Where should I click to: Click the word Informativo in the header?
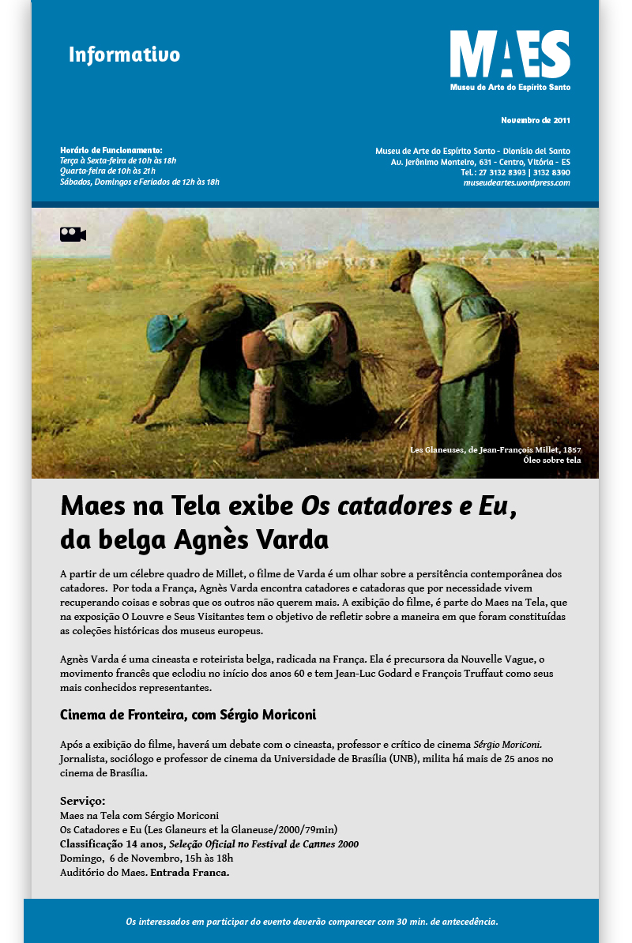[x=124, y=55]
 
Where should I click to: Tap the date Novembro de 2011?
[x=535, y=121]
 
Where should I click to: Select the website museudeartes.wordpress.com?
[x=517, y=182]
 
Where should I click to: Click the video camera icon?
[x=73, y=235]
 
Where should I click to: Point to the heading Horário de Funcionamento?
[x=111, y=150]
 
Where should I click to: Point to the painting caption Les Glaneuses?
[x=495, y=449]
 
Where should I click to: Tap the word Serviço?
[x=82, y=801]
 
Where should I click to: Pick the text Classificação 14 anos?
[x=111, y=844]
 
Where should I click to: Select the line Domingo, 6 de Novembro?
[x=146, y=858]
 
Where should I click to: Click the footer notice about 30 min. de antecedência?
[x=312, y=921]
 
